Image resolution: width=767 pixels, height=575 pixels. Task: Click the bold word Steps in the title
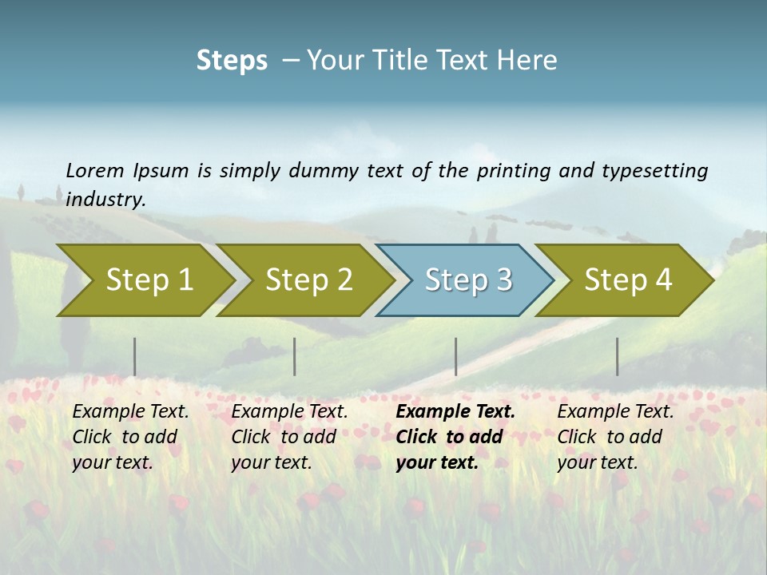tap(232, 61)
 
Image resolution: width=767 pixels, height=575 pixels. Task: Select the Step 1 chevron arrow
tap(148, 280)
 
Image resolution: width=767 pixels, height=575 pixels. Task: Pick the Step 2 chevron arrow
tap(308, 280)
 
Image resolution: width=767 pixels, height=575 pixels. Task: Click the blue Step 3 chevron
tap(468, 280)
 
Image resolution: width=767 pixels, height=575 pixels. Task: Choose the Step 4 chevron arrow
tap(628, 280)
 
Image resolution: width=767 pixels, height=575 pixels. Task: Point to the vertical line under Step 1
tap(134, 356)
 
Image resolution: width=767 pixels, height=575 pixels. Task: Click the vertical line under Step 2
tap(295, 356)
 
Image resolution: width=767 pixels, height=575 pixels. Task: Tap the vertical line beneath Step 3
tap(456, 356)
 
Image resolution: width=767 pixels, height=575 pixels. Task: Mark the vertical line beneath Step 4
tap(618, 356)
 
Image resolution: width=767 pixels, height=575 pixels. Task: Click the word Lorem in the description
tap(95, 170)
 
